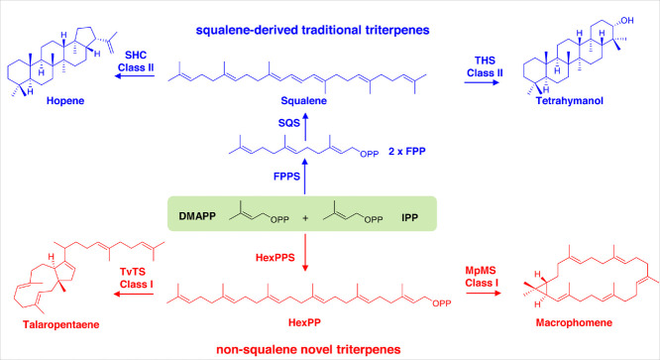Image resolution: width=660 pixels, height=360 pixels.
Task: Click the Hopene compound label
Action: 65,100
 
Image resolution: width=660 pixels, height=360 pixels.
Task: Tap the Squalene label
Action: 304,100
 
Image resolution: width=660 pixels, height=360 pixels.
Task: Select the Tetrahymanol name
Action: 570,100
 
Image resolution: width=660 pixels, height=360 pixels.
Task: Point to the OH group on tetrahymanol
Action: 627,20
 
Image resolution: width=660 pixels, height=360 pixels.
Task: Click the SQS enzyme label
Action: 288,123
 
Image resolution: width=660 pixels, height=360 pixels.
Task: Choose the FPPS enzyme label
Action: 286,176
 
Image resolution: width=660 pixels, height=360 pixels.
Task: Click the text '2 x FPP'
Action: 407,151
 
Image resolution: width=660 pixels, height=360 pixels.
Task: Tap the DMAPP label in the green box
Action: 197,216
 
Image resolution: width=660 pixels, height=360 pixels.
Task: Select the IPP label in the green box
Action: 409,217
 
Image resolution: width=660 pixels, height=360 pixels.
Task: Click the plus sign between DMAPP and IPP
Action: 305,218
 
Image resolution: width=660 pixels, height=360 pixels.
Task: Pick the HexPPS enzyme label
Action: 275,257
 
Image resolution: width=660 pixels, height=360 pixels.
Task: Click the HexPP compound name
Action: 304,322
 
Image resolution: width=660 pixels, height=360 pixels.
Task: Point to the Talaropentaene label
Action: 61,324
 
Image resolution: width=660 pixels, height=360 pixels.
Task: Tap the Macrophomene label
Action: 574,322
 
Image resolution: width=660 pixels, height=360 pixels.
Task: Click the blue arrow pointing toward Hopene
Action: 135,76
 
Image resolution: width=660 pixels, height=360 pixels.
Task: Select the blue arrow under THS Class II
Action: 482,82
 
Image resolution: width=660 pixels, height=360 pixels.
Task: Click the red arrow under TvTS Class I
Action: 134,294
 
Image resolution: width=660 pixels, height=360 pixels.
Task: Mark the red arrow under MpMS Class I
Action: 484,293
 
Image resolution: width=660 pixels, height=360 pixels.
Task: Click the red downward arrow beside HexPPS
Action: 305,253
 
